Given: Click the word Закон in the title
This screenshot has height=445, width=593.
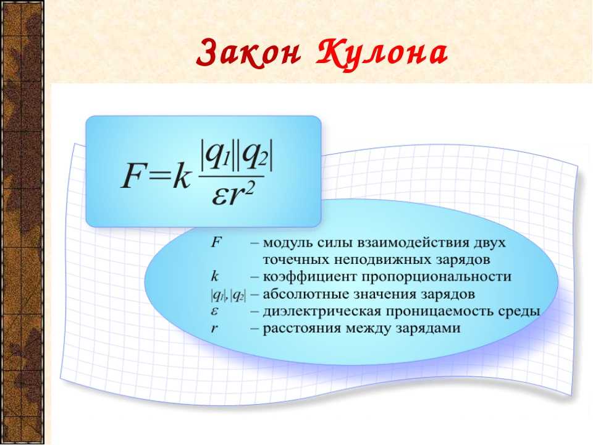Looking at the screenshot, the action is [248, 53].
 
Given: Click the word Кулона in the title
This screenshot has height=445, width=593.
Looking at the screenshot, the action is [382, 54].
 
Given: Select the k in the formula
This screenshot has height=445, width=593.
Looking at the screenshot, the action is [181, 175].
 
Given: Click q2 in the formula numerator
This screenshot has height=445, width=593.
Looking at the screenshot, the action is [254, 157].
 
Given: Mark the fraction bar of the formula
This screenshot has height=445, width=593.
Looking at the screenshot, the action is [232, 176].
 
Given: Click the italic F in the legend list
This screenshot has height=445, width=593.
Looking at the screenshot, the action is [216, 242].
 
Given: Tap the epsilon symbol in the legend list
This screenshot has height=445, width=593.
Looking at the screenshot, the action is [214, 311].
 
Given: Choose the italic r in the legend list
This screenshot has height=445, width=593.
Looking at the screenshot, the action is [214, 328].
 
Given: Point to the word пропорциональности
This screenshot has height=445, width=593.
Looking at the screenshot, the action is [437, 278].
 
